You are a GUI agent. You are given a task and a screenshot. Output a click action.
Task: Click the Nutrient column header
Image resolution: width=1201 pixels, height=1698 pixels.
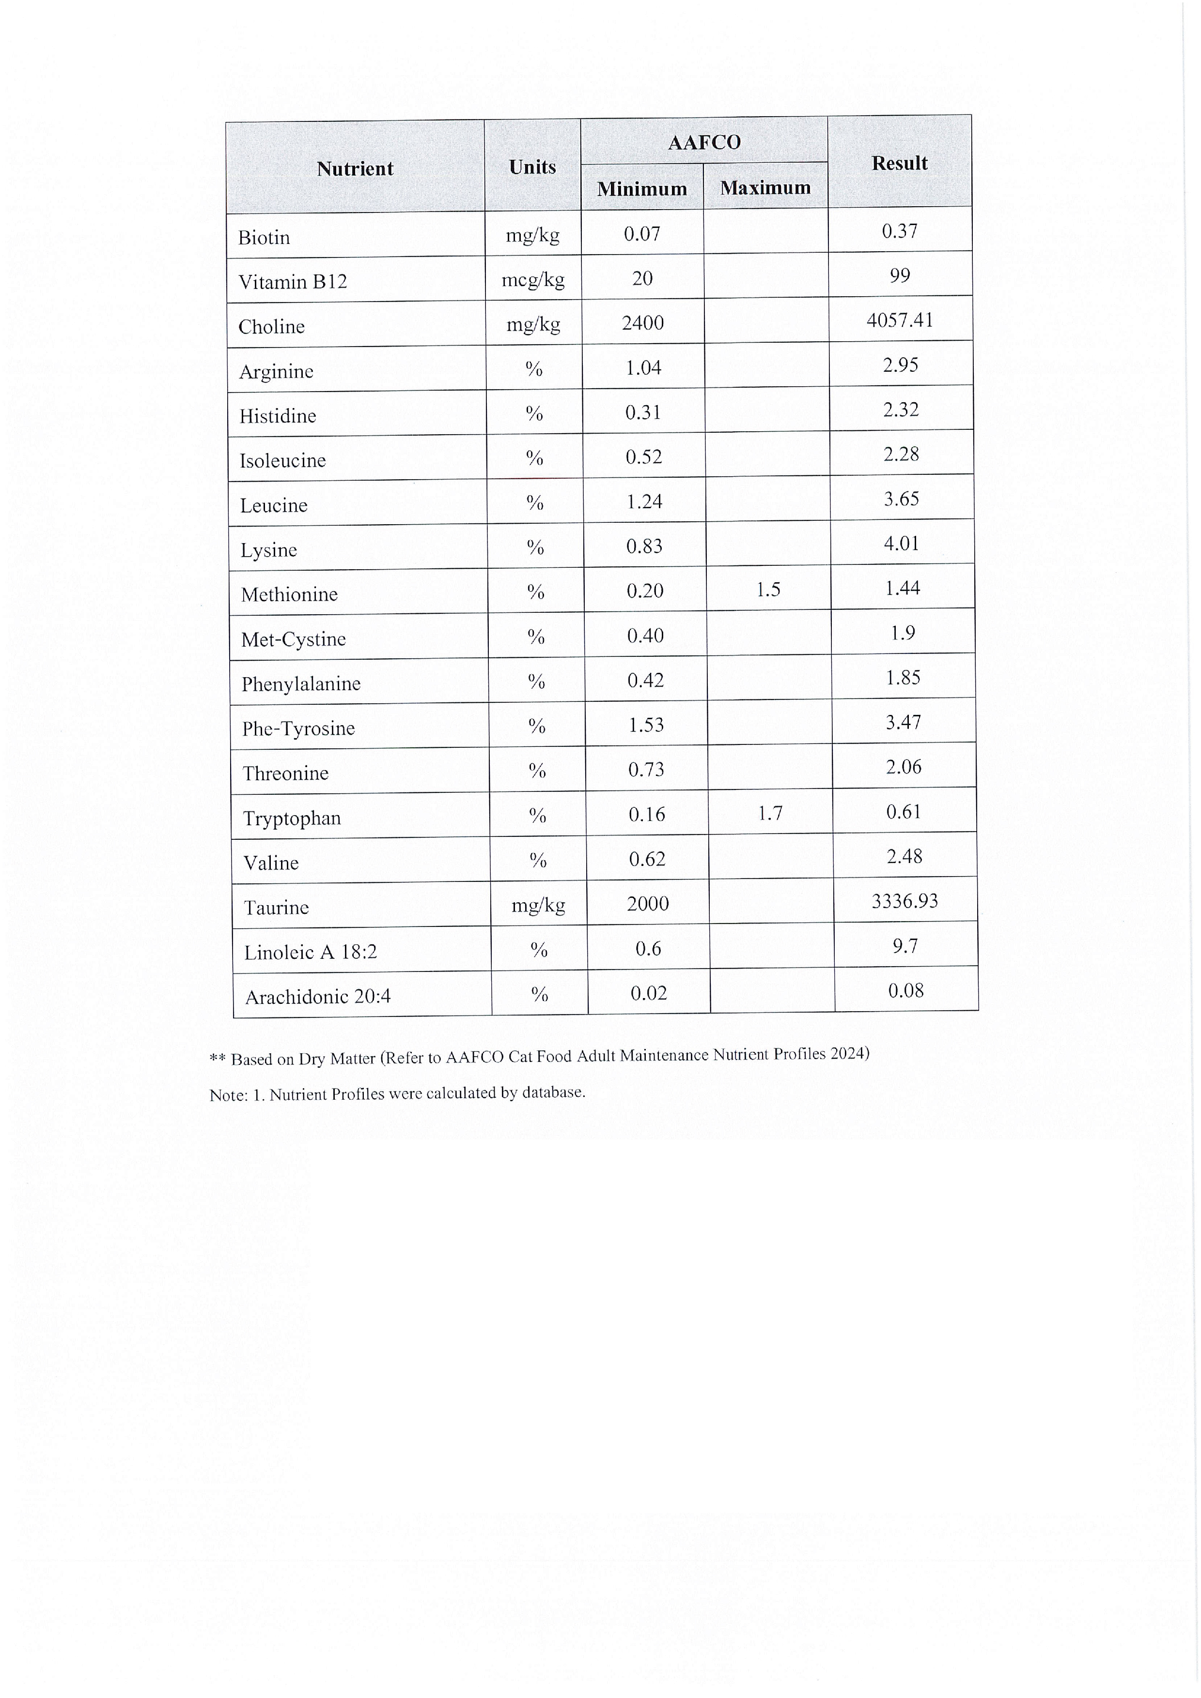[355, 168]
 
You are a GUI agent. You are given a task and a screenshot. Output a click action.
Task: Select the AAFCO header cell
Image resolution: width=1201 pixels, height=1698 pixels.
[704, 142]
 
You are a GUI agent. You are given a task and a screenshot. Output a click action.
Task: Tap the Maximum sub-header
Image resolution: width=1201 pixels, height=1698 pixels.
[765, 188]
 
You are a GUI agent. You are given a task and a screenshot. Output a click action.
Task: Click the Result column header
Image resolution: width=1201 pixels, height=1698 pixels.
[899, 164]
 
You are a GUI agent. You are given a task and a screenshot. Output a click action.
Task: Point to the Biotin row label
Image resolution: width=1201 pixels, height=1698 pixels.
[264, 237]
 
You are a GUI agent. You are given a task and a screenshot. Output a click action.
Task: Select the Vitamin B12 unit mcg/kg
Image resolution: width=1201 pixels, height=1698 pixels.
[533, 280]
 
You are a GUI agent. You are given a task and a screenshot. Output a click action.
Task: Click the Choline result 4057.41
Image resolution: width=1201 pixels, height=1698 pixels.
[900, 320]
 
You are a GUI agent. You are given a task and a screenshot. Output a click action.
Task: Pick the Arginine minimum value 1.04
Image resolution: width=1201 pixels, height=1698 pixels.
[643, 367]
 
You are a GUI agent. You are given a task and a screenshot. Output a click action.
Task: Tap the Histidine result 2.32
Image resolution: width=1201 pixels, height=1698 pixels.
[901, 409]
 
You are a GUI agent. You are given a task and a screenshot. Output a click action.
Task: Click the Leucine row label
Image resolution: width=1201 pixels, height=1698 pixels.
[274, 505]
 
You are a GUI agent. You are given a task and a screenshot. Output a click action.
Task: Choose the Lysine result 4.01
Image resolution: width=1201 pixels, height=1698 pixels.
[901, 544]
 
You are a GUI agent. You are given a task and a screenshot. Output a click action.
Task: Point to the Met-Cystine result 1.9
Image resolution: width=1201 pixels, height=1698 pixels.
[903, 633]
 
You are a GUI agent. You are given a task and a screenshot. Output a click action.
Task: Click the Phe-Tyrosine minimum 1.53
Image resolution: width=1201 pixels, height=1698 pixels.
[646, 725]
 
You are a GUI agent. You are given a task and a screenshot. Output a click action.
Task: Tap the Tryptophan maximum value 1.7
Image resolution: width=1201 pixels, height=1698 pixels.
[770, 814]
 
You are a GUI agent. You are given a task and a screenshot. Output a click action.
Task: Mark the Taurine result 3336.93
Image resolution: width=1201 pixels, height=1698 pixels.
[905, 901]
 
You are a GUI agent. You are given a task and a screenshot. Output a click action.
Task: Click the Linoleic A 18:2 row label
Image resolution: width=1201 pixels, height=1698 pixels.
[311, 952]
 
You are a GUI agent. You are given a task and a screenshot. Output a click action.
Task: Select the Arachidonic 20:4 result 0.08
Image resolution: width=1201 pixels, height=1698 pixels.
[906, 990]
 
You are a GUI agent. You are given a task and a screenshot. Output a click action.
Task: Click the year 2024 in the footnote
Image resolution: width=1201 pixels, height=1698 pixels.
[849, 1053]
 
